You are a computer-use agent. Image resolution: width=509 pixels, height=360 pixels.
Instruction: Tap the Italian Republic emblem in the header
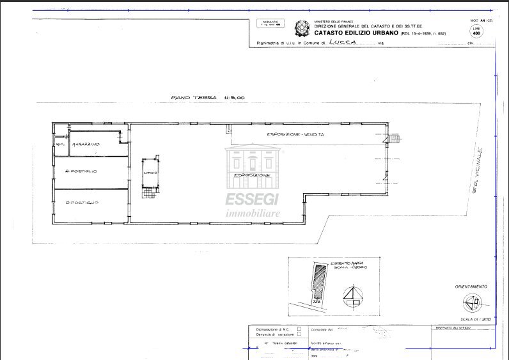point(299,28)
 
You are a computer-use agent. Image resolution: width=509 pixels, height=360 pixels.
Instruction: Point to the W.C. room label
point(60,145)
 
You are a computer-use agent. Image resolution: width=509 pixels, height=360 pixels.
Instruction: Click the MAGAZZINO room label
point(85,145)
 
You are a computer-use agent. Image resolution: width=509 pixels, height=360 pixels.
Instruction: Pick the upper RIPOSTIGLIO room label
point(81,171)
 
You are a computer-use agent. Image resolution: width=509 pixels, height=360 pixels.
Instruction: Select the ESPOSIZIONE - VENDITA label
point(295,134)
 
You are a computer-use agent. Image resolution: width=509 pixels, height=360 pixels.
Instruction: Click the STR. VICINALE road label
point(476,169)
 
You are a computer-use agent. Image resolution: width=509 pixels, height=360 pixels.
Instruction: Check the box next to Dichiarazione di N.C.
point(299,328)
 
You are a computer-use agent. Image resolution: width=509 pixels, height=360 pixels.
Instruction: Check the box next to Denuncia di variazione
point(299,334)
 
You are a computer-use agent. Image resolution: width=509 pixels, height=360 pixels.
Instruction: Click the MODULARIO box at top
point(269,24)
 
